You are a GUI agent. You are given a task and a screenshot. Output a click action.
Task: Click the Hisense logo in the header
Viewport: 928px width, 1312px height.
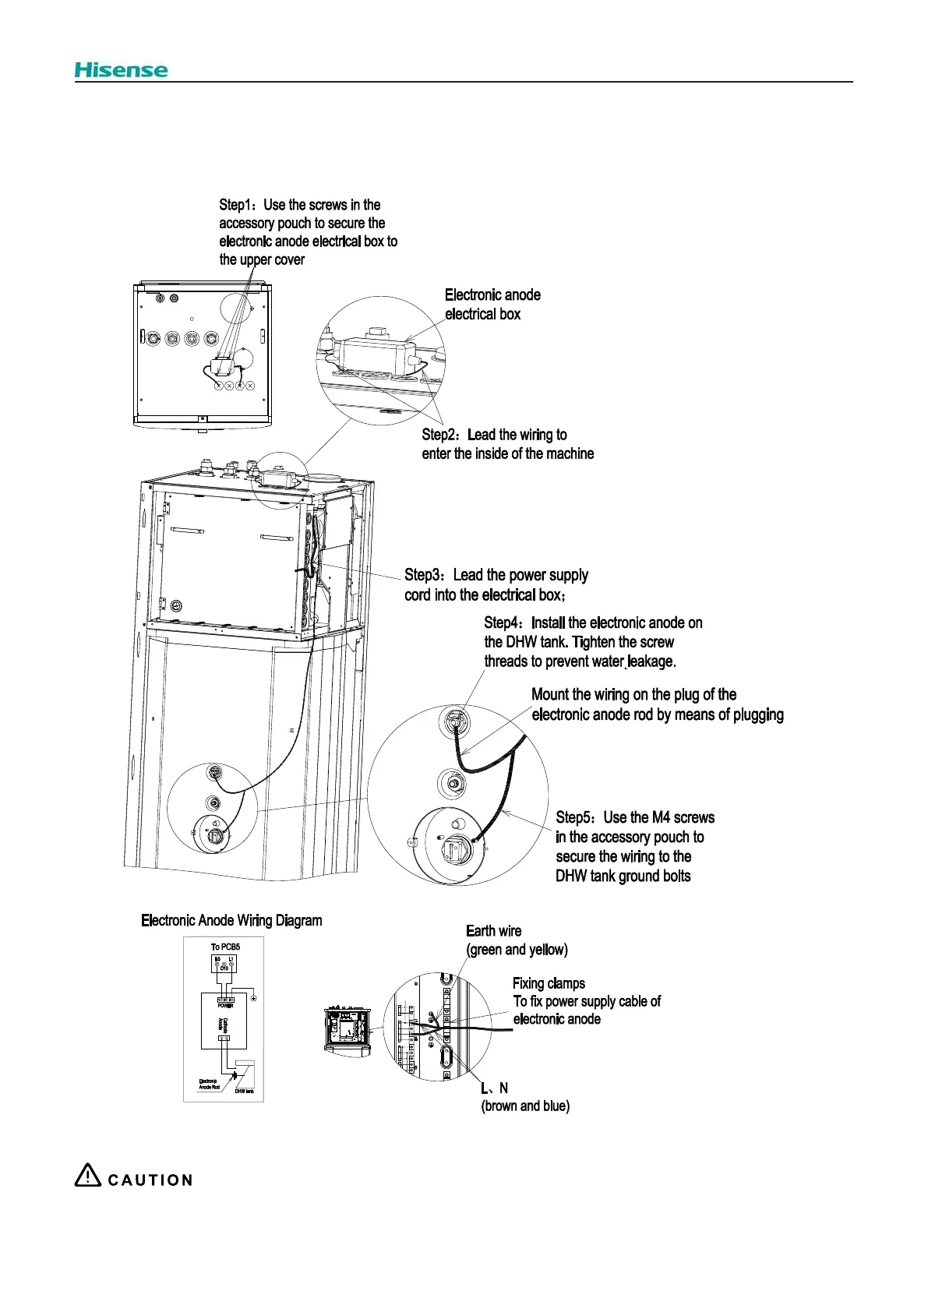[x=121, y=70]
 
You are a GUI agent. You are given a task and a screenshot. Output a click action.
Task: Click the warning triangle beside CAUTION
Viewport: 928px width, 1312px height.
[x=87, y=1176]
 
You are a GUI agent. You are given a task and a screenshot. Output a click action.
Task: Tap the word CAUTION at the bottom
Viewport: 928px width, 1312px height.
[x=150, y=1180]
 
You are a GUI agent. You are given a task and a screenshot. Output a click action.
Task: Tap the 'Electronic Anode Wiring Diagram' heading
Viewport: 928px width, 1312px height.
[x=231, y=920]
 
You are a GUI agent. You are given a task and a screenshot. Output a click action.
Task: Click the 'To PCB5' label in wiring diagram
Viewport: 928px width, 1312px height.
[x=225, y=947]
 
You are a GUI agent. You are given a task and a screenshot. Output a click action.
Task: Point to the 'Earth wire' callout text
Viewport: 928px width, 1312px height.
[x=493, y=931]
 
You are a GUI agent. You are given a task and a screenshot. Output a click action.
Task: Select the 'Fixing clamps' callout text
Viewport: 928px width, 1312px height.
[x=549, y=983]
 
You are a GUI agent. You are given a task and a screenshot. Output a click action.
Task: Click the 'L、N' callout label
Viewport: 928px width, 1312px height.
[x=494, y=1088]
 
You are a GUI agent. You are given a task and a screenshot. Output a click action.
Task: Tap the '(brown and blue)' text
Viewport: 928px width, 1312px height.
[x=525, y=1106]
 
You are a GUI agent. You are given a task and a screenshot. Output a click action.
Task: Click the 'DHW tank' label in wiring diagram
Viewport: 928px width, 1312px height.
[x=244, y=1091]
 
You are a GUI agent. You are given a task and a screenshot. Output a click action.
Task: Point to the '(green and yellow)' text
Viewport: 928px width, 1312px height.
[x=517, y=950]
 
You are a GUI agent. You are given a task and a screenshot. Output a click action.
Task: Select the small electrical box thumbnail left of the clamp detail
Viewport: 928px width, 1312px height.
[x=347, y=1032]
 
